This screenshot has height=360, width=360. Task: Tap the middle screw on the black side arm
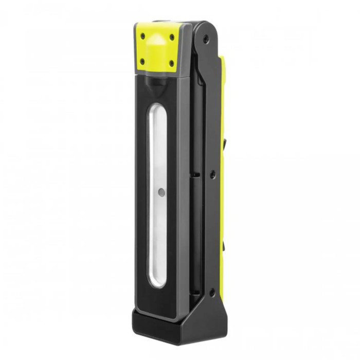211,175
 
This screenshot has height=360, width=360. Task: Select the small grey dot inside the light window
161,192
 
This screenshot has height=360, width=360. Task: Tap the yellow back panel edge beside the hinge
223,72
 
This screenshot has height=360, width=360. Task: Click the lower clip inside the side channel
195,289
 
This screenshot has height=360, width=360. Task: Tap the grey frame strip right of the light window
177,195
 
